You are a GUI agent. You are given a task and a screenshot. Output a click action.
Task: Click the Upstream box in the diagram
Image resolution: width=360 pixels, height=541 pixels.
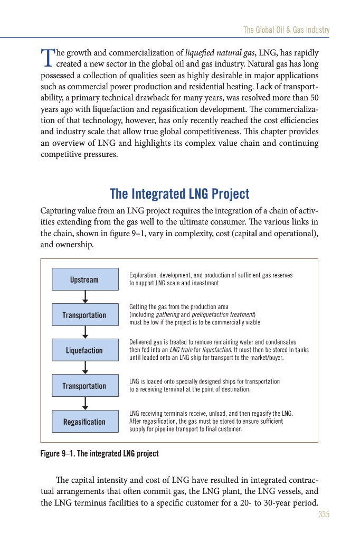(84, 279)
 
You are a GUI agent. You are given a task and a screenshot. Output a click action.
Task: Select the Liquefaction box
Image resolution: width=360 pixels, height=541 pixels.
(84, 350)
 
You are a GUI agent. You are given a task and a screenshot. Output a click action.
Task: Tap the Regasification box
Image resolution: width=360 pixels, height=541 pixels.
(84, 422)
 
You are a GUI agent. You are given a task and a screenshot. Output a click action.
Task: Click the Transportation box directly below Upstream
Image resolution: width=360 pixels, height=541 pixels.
(84, 315)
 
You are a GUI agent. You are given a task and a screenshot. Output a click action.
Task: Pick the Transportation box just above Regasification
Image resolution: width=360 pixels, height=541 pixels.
(84, 386)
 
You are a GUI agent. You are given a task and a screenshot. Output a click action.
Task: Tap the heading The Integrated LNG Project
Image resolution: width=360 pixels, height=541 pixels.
(179, 194)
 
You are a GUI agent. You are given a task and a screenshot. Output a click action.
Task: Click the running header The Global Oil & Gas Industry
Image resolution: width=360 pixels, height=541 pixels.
(286, 30)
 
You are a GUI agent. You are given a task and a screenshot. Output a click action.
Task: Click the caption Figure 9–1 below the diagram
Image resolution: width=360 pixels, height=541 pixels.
(99, 454)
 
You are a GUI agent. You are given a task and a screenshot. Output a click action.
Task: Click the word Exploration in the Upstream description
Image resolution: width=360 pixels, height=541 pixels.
(143, 276)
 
